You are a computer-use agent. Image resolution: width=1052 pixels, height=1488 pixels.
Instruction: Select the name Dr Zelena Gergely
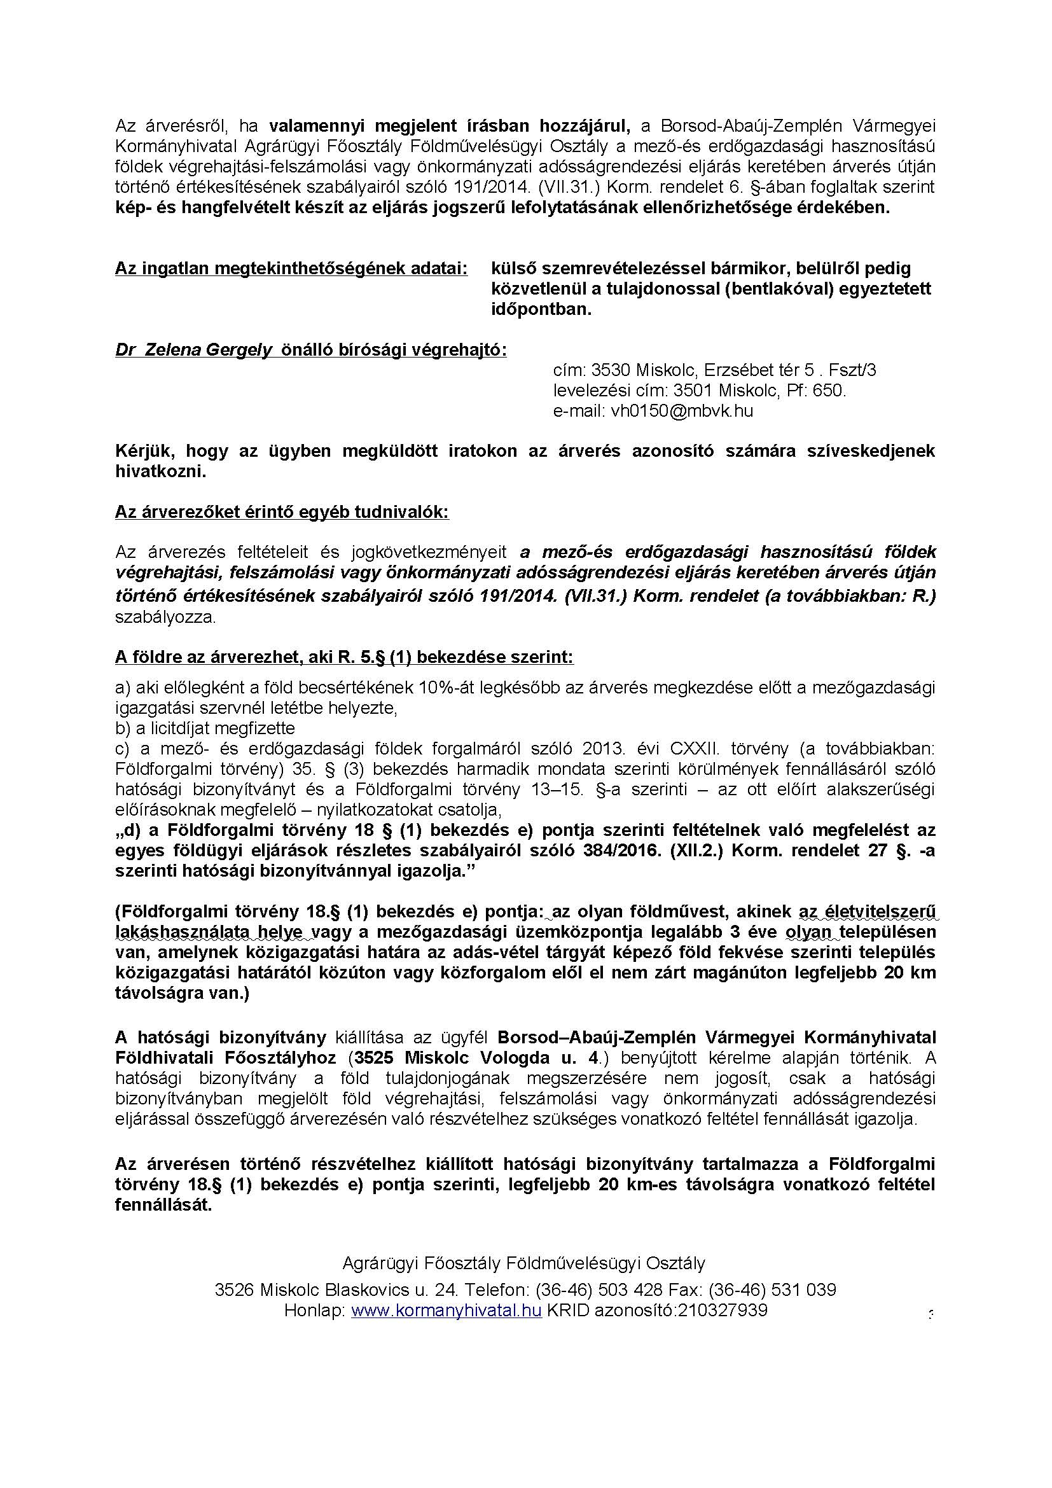194,351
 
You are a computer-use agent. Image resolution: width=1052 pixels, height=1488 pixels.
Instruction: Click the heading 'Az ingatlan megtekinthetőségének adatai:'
291,268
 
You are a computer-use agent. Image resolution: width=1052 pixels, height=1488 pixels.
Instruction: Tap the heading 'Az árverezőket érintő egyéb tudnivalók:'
282,512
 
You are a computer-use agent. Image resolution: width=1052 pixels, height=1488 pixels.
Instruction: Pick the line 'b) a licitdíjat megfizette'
205,728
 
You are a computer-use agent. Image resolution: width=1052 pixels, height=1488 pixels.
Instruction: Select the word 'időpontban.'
541,309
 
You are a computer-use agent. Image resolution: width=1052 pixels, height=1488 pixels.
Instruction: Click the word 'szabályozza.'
165,617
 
